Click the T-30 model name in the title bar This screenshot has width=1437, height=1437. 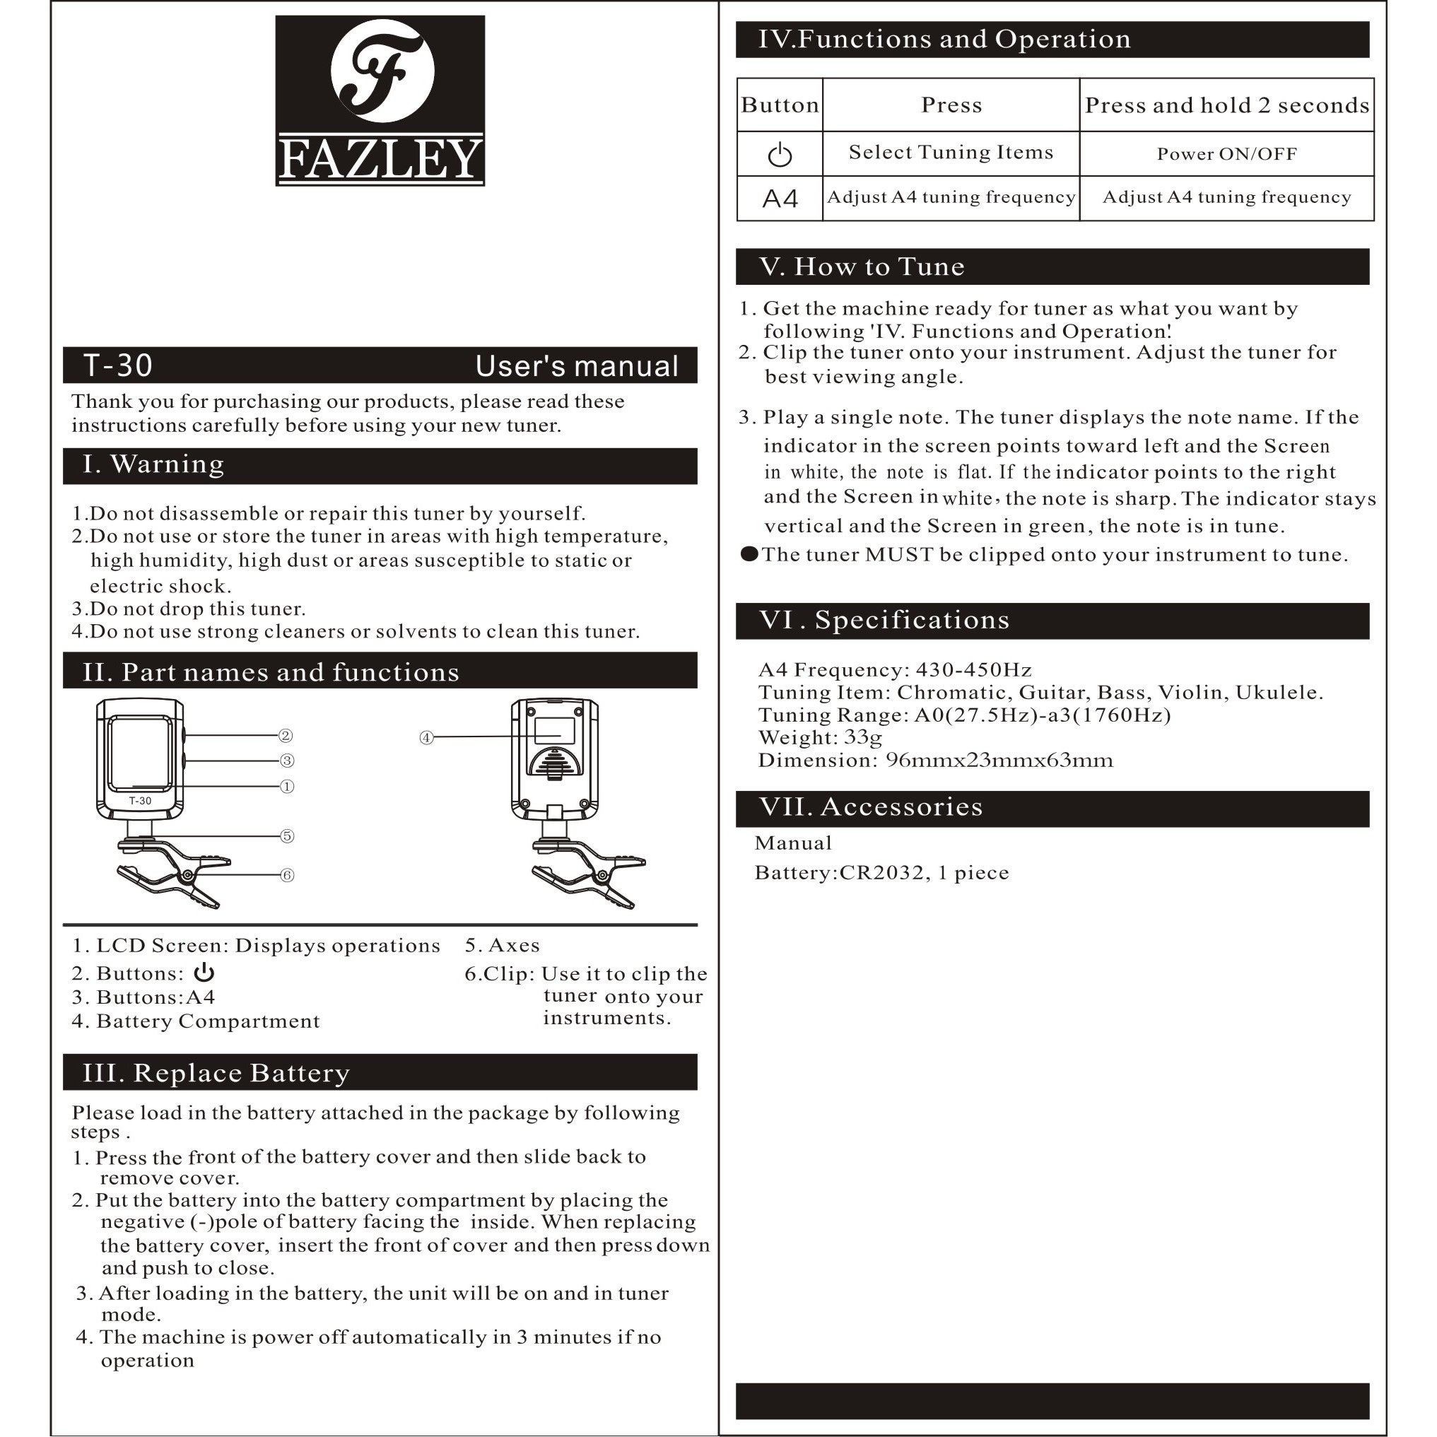[118, 365]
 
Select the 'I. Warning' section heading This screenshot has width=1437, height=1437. [153, 464]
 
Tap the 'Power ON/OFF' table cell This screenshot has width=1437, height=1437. [1226, 154]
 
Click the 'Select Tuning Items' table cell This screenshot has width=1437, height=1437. [951, 153]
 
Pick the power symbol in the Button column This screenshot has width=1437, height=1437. [780, 155]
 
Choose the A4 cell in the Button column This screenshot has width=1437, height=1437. [780, 199]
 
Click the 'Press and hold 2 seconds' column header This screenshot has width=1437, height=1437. [1226, 105]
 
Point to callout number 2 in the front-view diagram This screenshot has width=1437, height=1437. [286, 736]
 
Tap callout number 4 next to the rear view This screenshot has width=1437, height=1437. [426, 737]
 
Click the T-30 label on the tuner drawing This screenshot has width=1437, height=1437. [140, 801]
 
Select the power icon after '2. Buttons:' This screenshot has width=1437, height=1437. [204, 973]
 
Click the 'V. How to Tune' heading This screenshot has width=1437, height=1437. [862, 266]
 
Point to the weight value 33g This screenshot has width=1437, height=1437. [863, 737]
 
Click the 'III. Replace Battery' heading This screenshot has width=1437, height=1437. [216, 1072]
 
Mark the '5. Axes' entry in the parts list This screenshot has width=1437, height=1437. [502, 945]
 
